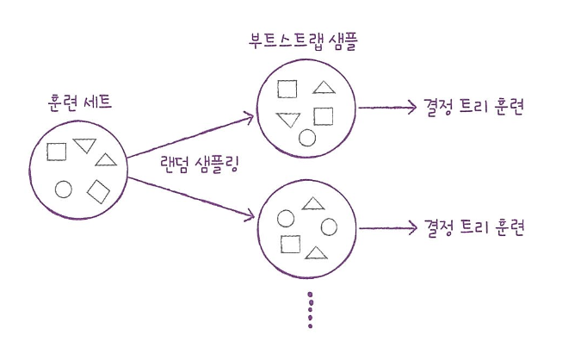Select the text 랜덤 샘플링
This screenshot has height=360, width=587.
[199, 163]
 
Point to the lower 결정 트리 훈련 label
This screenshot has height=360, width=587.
[474, 228]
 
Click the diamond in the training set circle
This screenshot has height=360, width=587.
[99, 191]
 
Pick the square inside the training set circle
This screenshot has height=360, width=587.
[57, 152]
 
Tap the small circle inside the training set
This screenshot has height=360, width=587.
[63, 189]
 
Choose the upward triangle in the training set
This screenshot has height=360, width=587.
[106, 159]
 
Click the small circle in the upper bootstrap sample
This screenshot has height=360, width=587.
[307, 137]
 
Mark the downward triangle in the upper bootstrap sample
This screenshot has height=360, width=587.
[287, 119]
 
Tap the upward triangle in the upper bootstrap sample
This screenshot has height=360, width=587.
[323, 87]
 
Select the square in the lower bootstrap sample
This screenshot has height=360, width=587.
[290, 244]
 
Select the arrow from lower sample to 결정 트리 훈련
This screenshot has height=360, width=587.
[387, 228]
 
